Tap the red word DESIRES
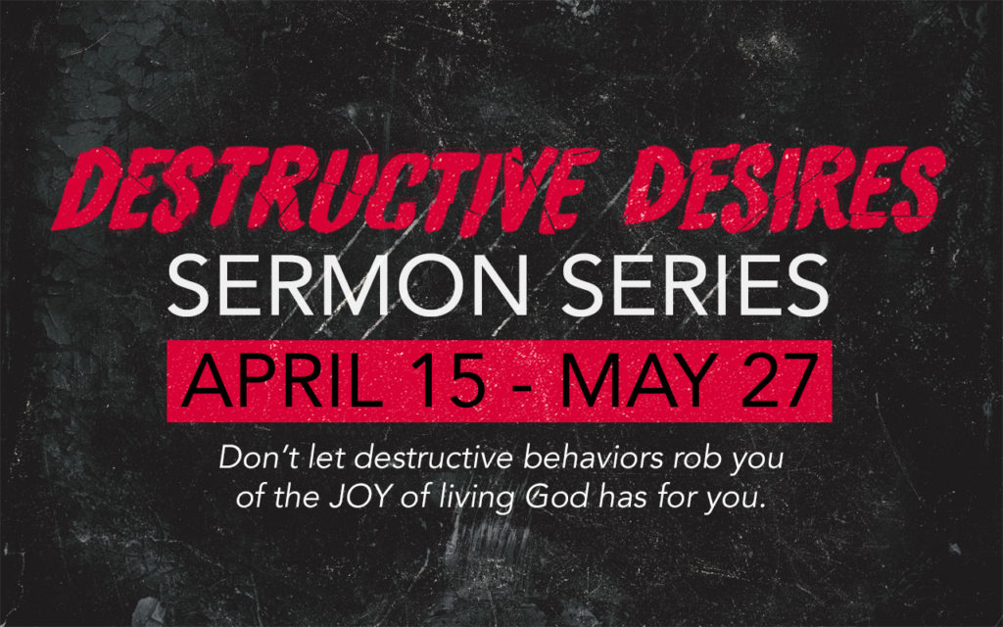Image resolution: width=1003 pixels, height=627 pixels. click(785, 188)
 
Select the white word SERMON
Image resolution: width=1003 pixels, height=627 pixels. click(347, 285)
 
